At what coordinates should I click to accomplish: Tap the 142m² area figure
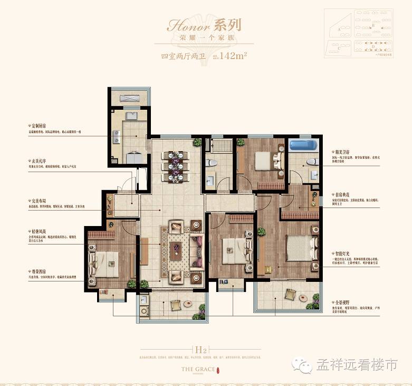coord(234,55)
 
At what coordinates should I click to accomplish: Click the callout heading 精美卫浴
coord(338,151)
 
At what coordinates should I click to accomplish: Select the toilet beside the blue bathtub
coord(311,161)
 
